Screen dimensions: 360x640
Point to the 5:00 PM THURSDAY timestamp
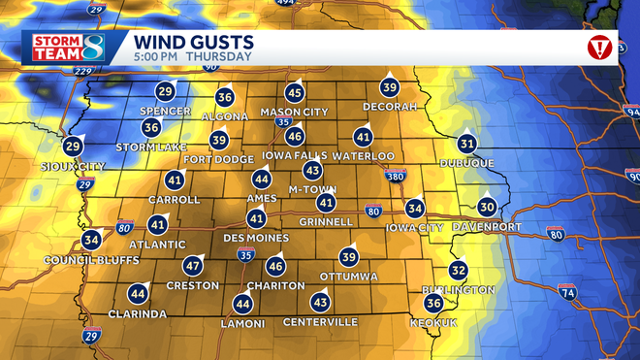(x=178, y=57)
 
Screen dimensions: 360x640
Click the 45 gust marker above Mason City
(x=295, y=93)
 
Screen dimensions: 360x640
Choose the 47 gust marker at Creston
(x=193, y=266)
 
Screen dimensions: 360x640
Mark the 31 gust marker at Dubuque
(x=467, y=144)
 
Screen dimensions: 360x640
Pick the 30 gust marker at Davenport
(x=487, y=207)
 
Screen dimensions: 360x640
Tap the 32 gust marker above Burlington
(x=458, y=271)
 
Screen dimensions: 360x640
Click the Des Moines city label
(x=256, y=238)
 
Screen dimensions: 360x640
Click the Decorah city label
(x=390, y=106)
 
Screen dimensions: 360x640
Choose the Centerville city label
(x=320, y=321)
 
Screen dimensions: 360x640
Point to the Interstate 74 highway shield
(x=566, y=291)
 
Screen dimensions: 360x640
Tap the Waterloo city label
(x=364, y=155)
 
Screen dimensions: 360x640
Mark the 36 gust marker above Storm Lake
(x=151, y=127)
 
